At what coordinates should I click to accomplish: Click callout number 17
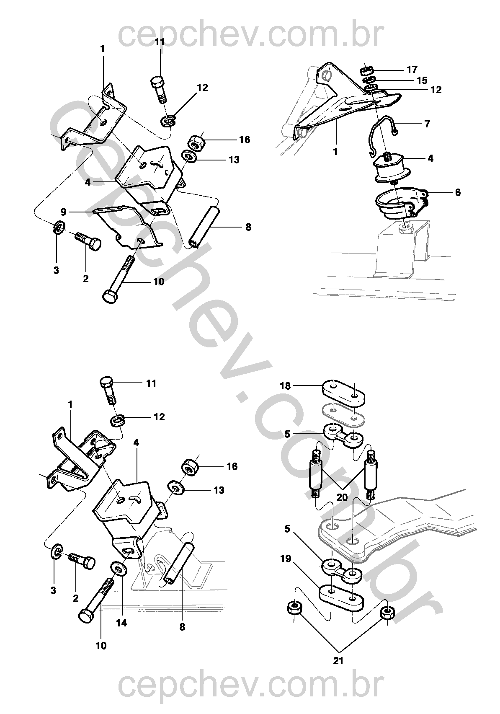point(412,69)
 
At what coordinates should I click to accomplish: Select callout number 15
point(422,80)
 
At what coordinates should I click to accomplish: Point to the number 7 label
point(427,123)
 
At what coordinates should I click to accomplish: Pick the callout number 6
point(458,192)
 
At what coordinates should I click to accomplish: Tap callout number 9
point(63,211)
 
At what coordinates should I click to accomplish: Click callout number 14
point(121,623)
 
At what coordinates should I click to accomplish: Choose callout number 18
point(285,386)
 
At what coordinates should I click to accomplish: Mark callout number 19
point(286,559)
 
